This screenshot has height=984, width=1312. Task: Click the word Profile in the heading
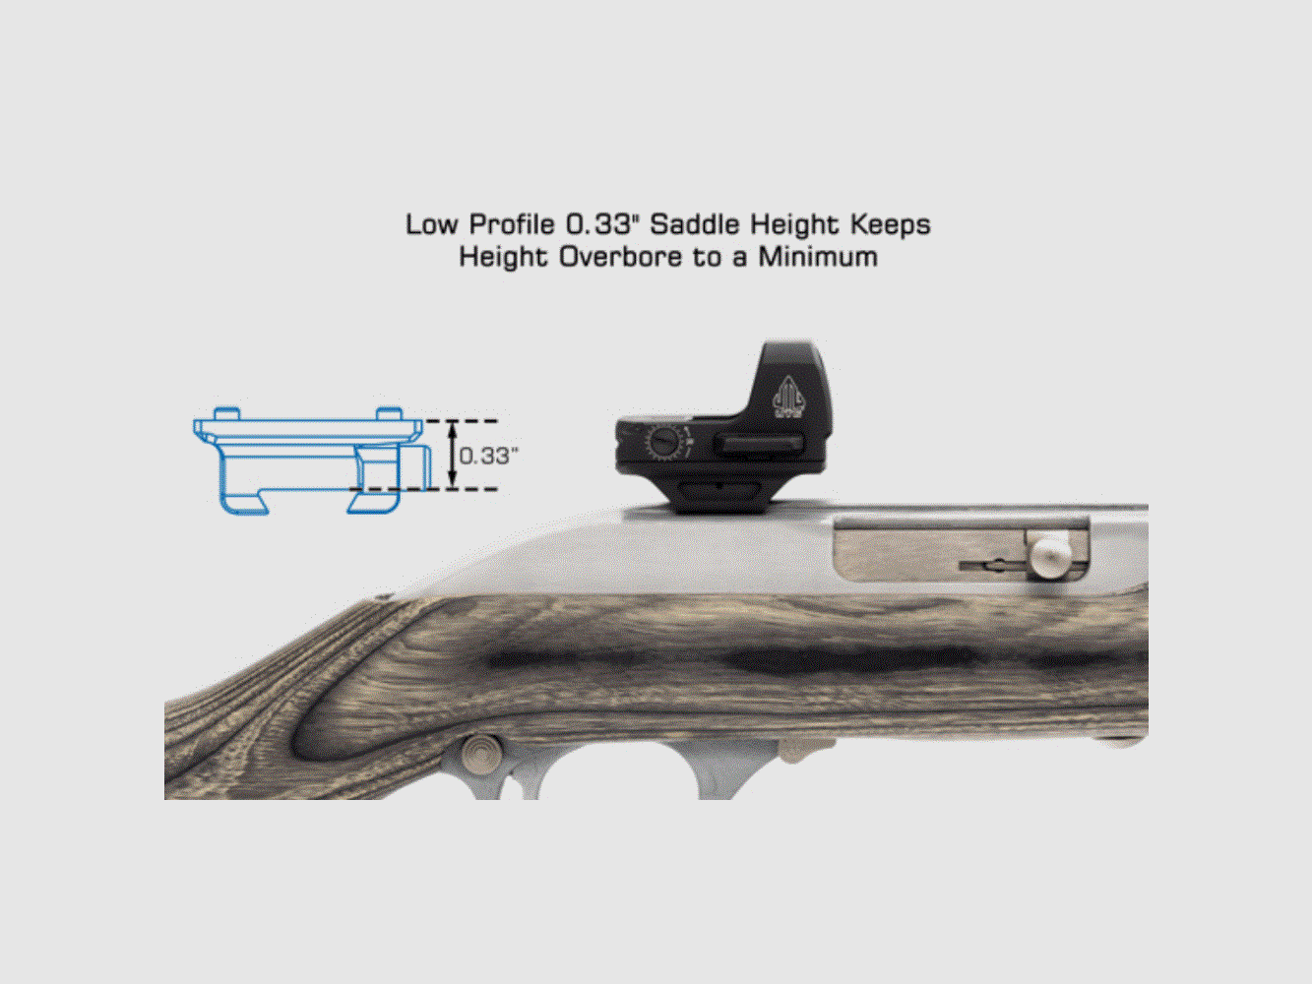coord(510,225)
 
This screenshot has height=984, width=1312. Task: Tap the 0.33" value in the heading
coord(597,225)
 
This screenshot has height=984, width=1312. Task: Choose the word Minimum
coord(817,258)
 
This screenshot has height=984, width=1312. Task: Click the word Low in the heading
coord(432,225)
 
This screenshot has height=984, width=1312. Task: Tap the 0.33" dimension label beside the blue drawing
coord(488,456)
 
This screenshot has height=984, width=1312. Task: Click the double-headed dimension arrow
coord(452,455)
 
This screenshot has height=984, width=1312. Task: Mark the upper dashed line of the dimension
coord(463,421)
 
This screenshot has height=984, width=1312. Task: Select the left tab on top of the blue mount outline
coord(226,412)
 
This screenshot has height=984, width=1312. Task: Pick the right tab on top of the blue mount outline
coord(389,412)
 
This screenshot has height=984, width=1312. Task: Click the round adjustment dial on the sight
coord(666,444)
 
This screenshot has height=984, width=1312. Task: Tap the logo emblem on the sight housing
coord(788,399)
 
